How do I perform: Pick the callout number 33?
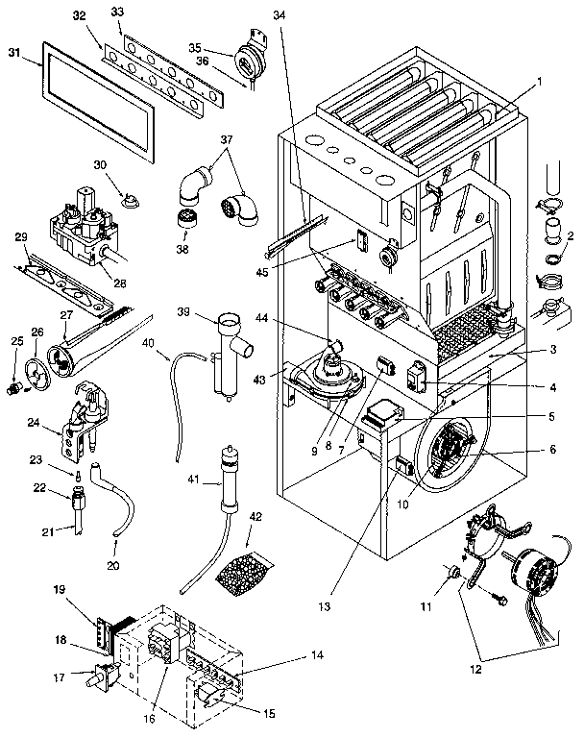click(117, 12)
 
